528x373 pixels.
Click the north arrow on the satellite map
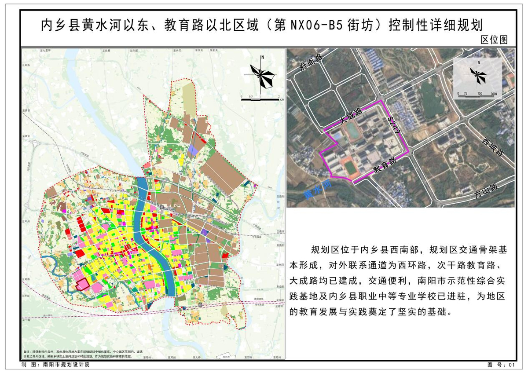point(478,75)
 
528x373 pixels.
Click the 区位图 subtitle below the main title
point(494,40)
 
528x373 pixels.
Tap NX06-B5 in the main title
point(315,24)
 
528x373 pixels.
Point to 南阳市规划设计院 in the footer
point(66,365)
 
